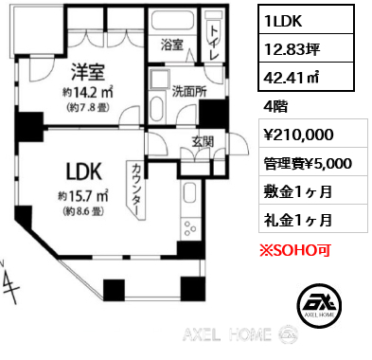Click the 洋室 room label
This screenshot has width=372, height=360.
(88, 71)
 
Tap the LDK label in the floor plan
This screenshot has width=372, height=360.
(84, 171)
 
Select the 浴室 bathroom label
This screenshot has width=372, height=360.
(172, 45)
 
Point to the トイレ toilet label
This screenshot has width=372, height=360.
(214, 43)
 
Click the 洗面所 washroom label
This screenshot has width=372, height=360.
(189, 91)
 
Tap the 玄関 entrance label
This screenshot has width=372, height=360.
(203, 141)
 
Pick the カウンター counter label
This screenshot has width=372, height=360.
(136, 190)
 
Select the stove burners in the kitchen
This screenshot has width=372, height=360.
(190, 228)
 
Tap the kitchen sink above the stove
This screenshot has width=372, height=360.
(190, 193)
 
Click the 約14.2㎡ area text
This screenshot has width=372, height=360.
(88, 92)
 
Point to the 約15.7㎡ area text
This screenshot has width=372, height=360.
(83, 196)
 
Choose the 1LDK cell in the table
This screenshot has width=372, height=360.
(306, 20)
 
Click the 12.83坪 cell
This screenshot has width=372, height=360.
(306, 48)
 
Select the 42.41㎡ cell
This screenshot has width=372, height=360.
(306, 77)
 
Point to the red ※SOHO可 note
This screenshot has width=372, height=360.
(295, 250)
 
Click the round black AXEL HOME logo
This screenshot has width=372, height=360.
(319, 305)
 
